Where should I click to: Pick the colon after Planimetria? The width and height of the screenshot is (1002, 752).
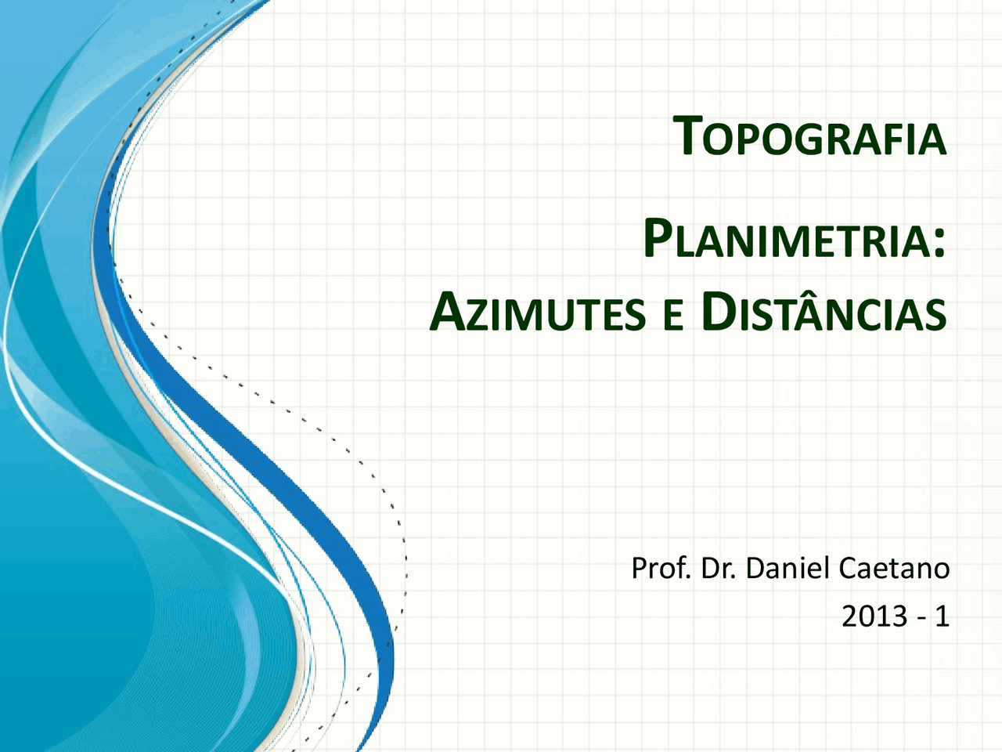939,243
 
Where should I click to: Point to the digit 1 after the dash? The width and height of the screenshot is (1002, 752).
942,616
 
